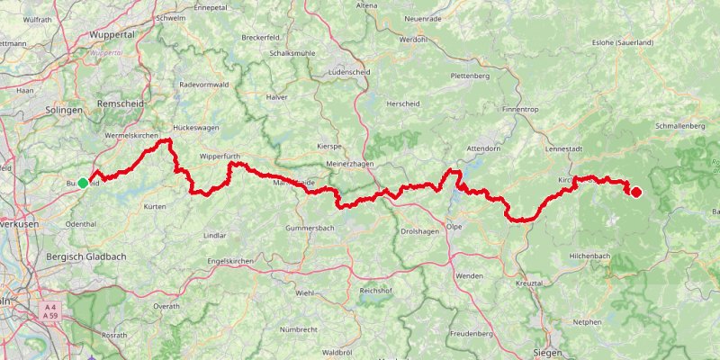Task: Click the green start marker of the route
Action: pos(83,183)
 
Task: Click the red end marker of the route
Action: pos(635,191)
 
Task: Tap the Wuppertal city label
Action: pos(112,34)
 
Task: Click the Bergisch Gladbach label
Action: pos(85,256)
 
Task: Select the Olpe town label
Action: pos(454,227)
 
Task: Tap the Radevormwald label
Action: pos(205,85)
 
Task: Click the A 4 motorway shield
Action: pos(50,306)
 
